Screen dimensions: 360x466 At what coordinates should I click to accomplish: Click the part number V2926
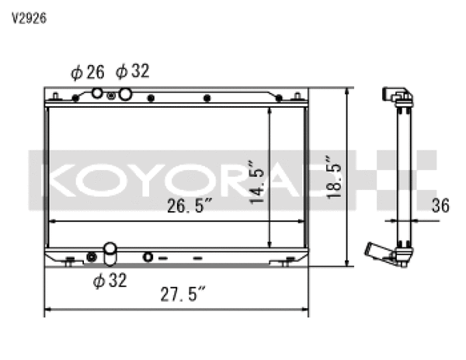click(x=28, y=18)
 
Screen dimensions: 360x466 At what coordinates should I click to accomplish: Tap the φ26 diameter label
click(x=87, y=72)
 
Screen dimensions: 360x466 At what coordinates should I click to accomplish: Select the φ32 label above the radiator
click(x=132, y=72)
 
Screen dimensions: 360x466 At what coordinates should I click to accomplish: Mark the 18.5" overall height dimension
click(x=336, y=175)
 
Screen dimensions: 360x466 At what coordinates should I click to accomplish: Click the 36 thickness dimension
click(x=441, y=206)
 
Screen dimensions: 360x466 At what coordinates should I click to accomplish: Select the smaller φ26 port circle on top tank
click(x=98, y=93)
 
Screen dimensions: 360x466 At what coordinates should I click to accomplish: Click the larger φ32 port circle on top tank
click(x=125, y=94)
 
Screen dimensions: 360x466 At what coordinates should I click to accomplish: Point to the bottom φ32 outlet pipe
click(x=110, y=251)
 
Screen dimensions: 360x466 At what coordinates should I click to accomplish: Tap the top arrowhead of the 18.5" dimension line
click(x=347, y=91)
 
